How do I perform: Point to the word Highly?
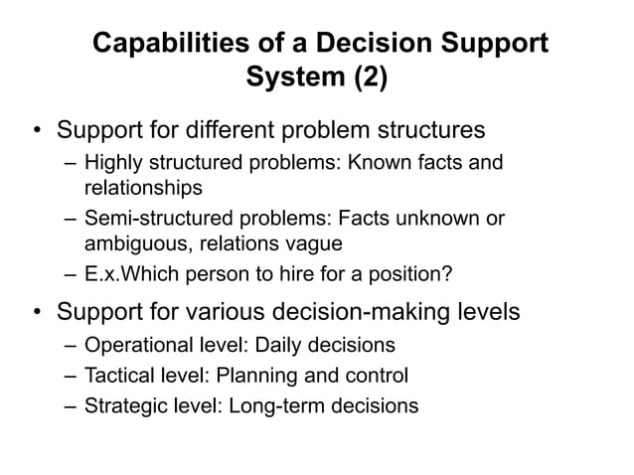(112, 162)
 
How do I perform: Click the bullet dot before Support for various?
(37, 314)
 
